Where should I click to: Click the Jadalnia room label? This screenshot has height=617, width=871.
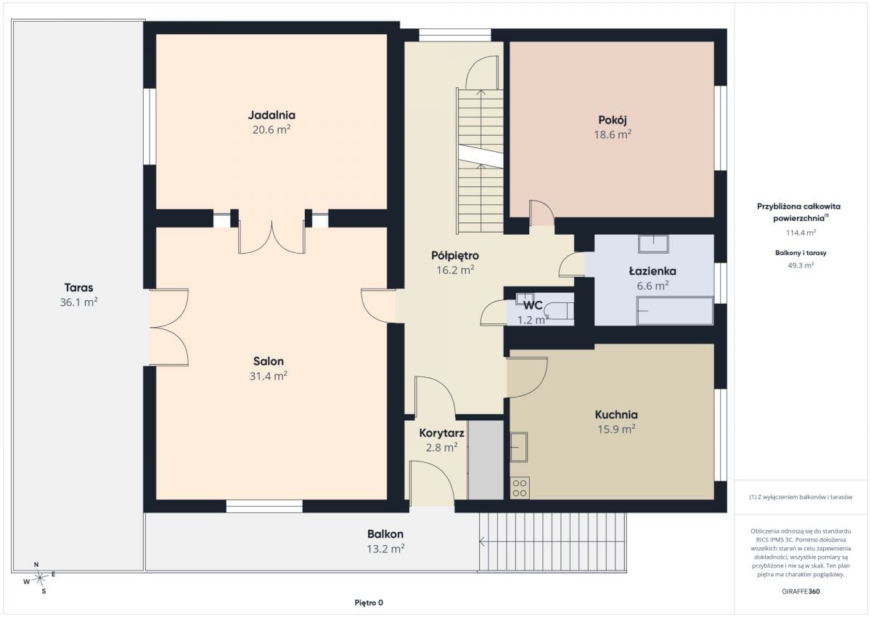pos(271,115)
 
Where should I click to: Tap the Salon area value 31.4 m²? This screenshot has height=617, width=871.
pos(269,376)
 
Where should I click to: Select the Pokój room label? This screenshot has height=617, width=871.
pos(613,120)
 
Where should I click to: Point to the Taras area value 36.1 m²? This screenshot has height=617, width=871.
pos(78,302)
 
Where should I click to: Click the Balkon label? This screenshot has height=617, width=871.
pos(385,533)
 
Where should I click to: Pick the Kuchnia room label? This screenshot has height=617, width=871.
pos(616,414)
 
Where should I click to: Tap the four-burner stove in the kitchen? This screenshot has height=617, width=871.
pos(520,488)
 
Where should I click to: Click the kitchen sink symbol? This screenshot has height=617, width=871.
pos(519,447)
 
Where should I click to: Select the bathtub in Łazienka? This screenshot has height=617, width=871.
pos(675,310)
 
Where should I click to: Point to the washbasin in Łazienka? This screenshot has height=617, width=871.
pos(654,243)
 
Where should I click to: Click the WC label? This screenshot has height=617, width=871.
pos(533,305)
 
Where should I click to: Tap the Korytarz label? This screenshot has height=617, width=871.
pos(442,433)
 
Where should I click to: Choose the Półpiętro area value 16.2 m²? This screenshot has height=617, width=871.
pos(455,270)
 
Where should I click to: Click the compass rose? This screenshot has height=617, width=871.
pos(39,578)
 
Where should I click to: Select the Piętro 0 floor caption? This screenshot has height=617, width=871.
pos(369,602)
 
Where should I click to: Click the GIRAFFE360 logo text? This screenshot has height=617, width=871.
pos(801,592)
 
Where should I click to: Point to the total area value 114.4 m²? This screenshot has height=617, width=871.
pos(801,233)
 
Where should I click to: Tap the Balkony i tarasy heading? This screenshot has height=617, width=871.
pos(801,253)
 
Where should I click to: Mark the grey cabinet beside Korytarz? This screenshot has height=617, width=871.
pos(486,460)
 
